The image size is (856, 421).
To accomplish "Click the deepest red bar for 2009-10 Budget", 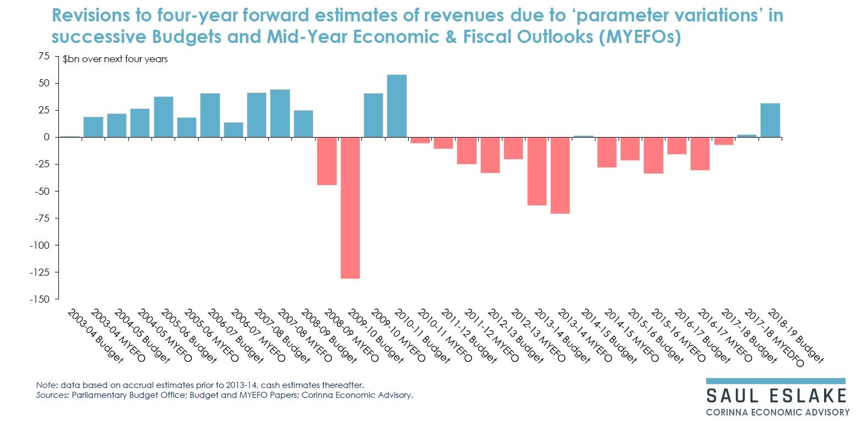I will click(x=350, y=207).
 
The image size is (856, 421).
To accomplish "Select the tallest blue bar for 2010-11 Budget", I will click(x=397, y=106).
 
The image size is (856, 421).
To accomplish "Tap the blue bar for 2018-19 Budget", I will click(x=770, y=120).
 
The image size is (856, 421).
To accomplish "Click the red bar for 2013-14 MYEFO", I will click(x=560, y=175).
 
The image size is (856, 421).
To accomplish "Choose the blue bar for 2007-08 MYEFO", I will click(x=280, y=113).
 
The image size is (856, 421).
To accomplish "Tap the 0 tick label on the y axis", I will click(x=47, y=137).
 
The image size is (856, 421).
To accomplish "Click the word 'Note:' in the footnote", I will click(x=46, y=385).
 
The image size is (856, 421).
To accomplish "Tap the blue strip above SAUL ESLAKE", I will click(x=776, y=381).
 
